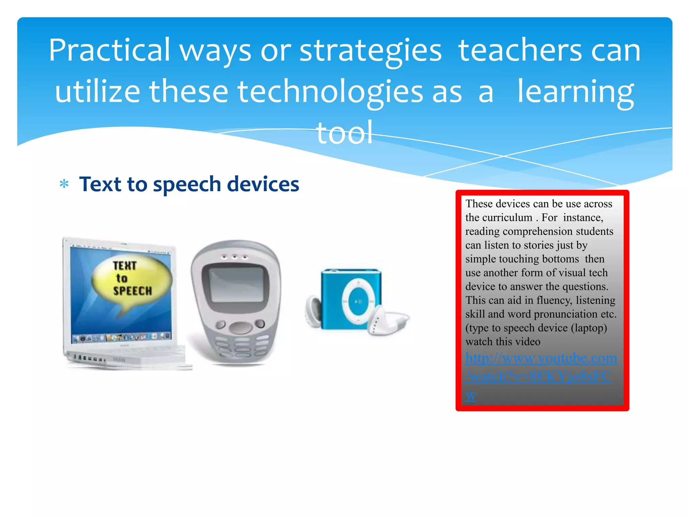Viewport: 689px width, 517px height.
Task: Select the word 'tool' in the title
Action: pyautogui.click(x=344, y=133)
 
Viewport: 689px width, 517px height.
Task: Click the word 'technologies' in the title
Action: pyautogui.click(x=330, y=92)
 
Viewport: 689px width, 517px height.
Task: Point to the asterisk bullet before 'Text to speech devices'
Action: pyautogui.click(x=64, y=184)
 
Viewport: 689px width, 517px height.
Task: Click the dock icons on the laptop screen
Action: pyautogui.click(x=121, y=337)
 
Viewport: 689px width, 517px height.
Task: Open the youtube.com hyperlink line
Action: pyautogui.click(x=541, y=358)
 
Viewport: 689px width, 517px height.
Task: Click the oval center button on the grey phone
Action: pyautogui.click(x=240, y=327)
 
